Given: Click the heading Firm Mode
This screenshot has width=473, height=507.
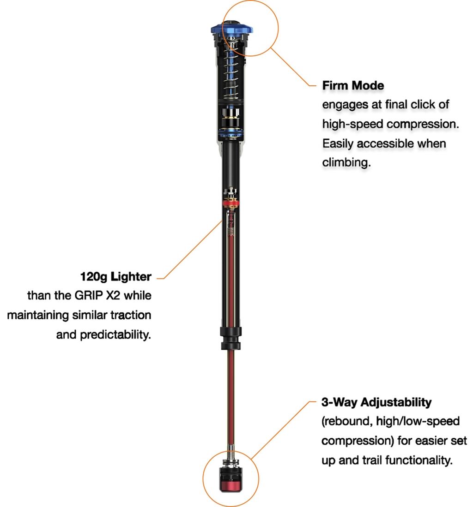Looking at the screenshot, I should tap(353, 85).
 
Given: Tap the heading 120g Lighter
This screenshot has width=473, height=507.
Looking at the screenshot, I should tap(115, 277).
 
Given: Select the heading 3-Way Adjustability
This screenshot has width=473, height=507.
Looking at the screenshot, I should tap(376, 402).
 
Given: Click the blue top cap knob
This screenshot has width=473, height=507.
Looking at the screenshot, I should tap(231, 29).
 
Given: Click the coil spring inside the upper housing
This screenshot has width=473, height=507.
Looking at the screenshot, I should tap(231, 74).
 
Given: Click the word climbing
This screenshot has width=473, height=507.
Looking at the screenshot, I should tap(346, 163).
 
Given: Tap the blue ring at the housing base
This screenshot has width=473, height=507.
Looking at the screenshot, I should tap(231, 135).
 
